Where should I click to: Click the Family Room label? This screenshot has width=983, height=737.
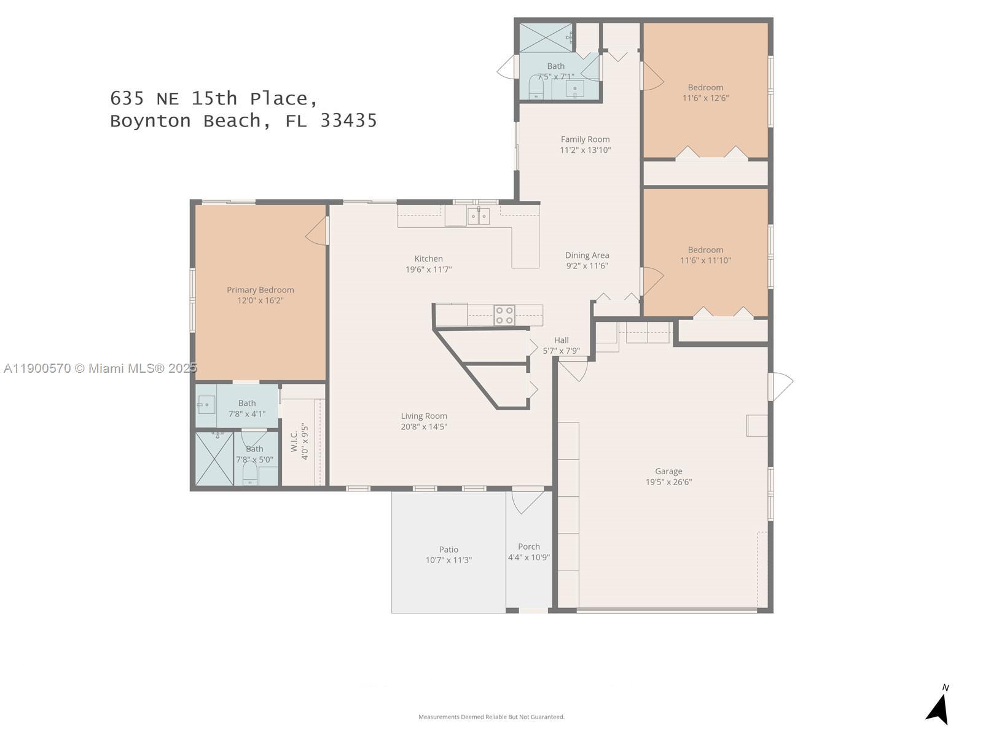click(585, 139)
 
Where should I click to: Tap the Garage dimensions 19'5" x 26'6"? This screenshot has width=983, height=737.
click(668, 482)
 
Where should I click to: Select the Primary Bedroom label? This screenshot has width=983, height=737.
click(260, 290)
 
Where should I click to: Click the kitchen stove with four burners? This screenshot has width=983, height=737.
click(505, 315)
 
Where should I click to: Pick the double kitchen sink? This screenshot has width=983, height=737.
click(478, 216)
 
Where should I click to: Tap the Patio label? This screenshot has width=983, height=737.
click(448, 550)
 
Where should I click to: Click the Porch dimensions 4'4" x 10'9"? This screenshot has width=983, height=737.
click(529, 558)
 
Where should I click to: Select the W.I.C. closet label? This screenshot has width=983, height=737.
click(294, 441)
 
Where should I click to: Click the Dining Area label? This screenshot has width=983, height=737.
click(587, 255)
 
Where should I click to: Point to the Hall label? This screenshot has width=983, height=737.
click(562, 340)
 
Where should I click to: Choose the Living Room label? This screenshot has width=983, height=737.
click(424, 416)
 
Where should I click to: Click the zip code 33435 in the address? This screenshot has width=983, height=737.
click(349, 121)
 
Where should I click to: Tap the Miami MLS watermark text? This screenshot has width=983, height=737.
click(100, 368)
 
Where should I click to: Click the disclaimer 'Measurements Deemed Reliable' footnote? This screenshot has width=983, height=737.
click(491, 717)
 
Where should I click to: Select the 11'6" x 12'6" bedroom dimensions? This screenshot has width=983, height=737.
click(706, 98)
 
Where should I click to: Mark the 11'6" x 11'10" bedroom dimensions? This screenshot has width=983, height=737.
click(706, 260)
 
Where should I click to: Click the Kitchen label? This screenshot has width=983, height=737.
click(429, 259)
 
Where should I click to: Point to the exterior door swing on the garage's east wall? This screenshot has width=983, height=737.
click(781, 386)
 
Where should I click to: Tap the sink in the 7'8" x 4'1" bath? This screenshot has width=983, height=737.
click(206, 405)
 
